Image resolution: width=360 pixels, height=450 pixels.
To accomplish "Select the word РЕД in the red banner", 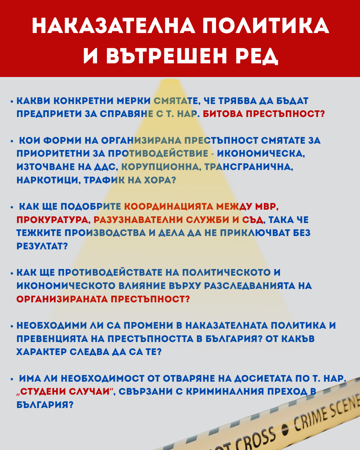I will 257,56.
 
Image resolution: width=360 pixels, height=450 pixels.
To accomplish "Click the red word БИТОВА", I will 223,114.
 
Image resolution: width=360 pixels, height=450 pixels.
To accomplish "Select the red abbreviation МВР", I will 266,207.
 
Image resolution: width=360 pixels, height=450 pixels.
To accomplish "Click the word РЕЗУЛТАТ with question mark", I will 42,246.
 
